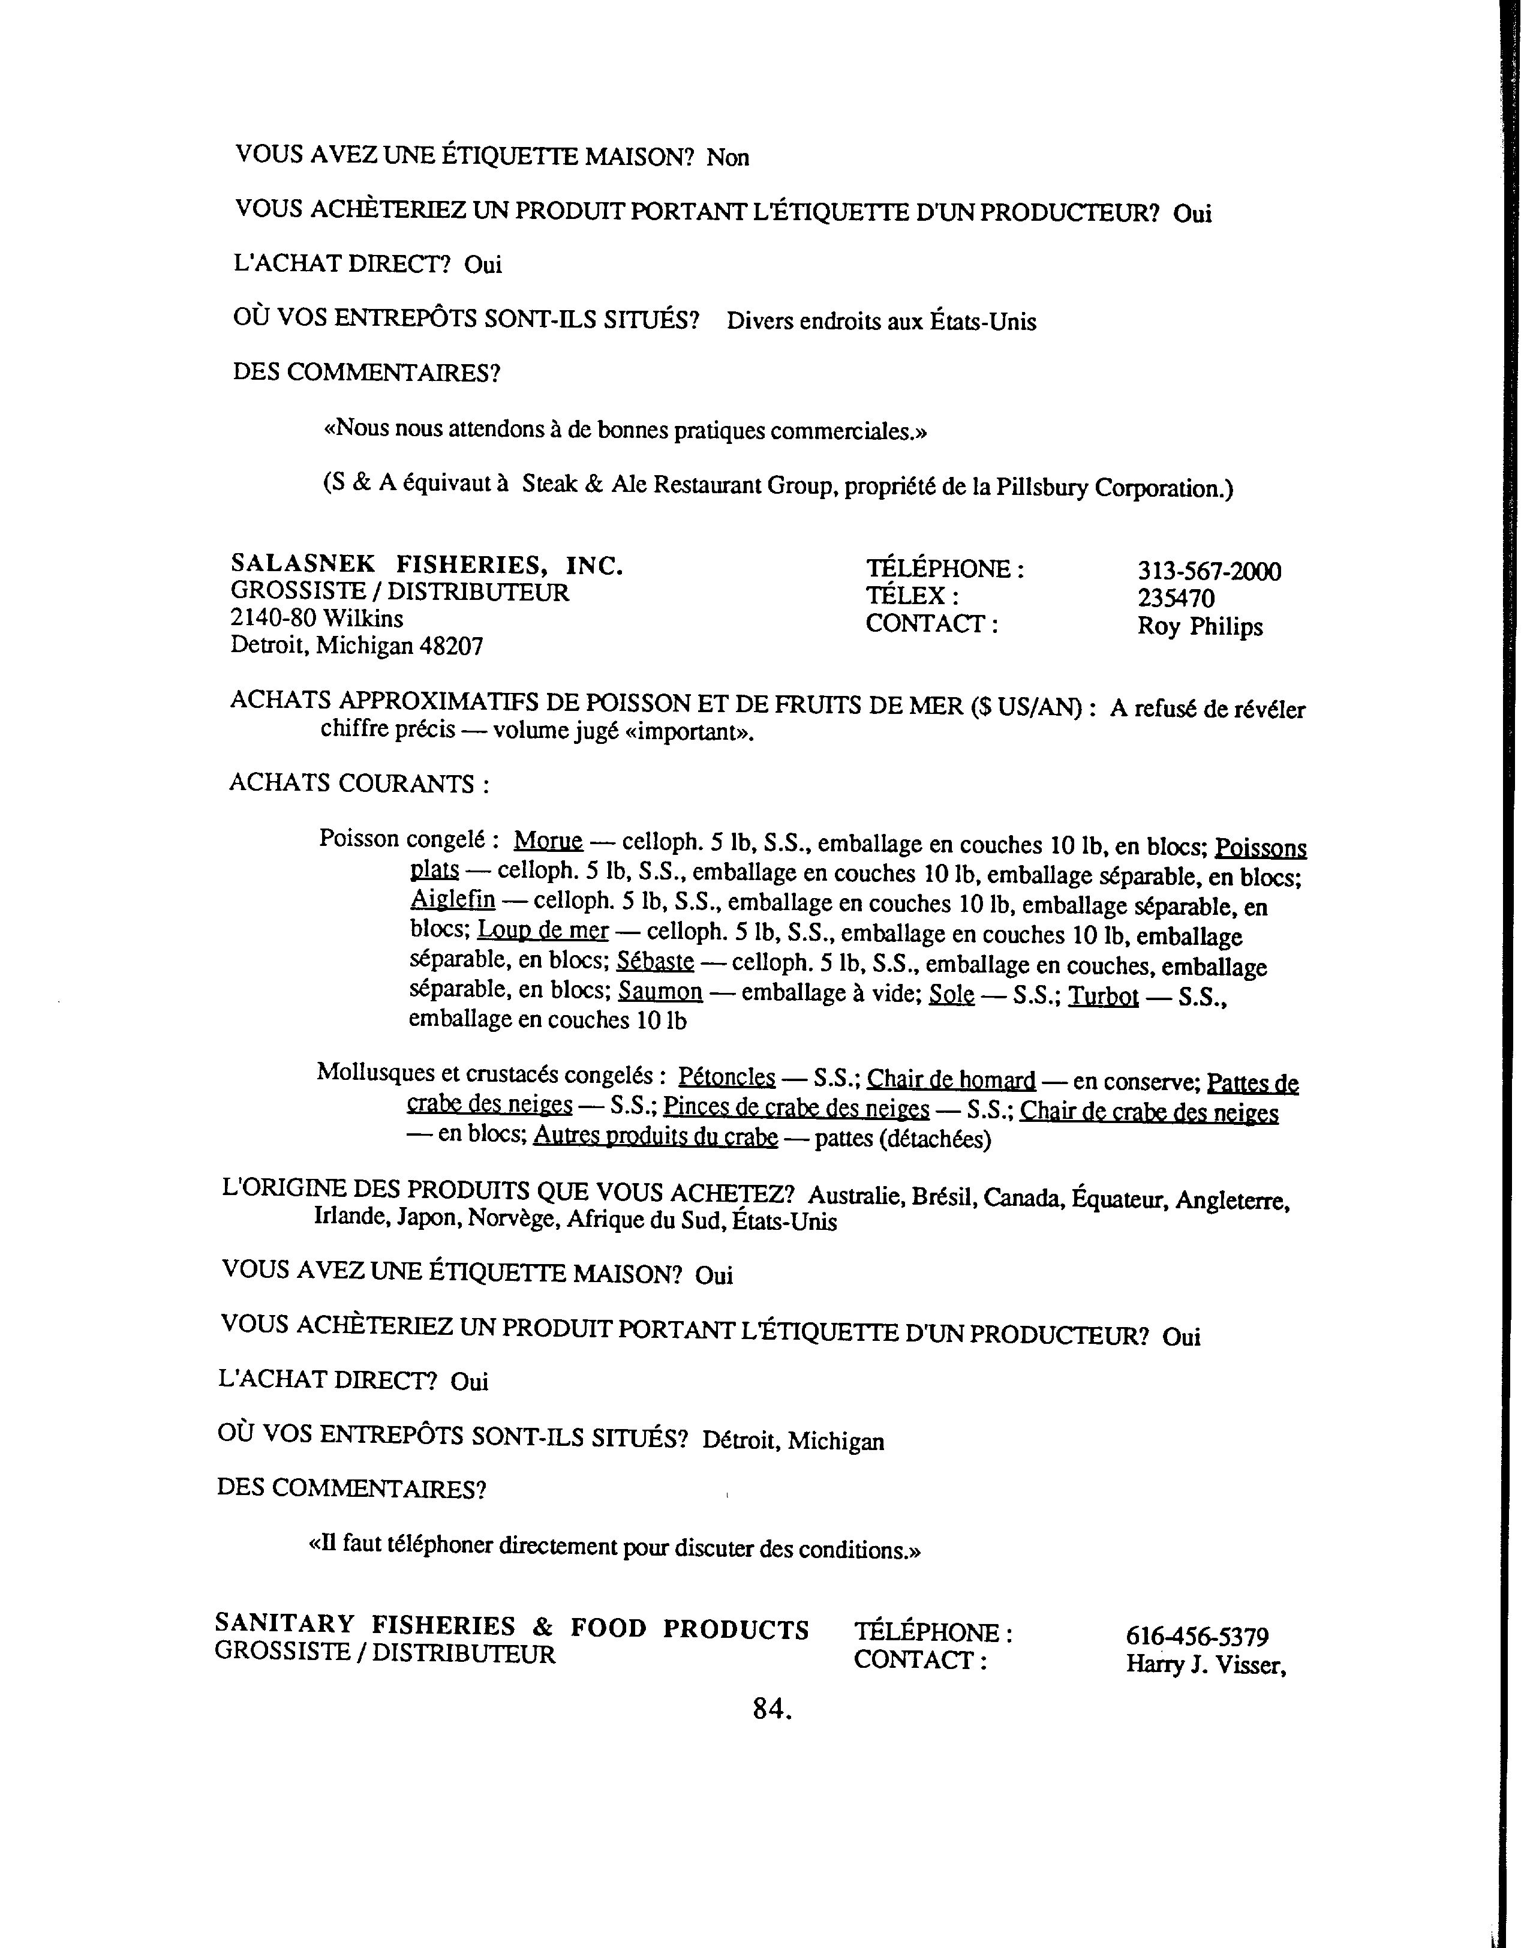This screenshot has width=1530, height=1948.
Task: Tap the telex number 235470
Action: (1176, 598)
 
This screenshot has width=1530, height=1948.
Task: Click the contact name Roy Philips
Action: (1200, 626)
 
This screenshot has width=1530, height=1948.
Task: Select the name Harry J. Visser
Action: (1206, 1665)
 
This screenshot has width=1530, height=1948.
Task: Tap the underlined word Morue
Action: (548, 841)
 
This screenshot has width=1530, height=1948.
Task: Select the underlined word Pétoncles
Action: (726, 1076)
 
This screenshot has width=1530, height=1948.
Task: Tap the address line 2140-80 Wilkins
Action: (317, 619)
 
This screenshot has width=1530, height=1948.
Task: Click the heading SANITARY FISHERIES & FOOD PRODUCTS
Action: (512, 1626)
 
